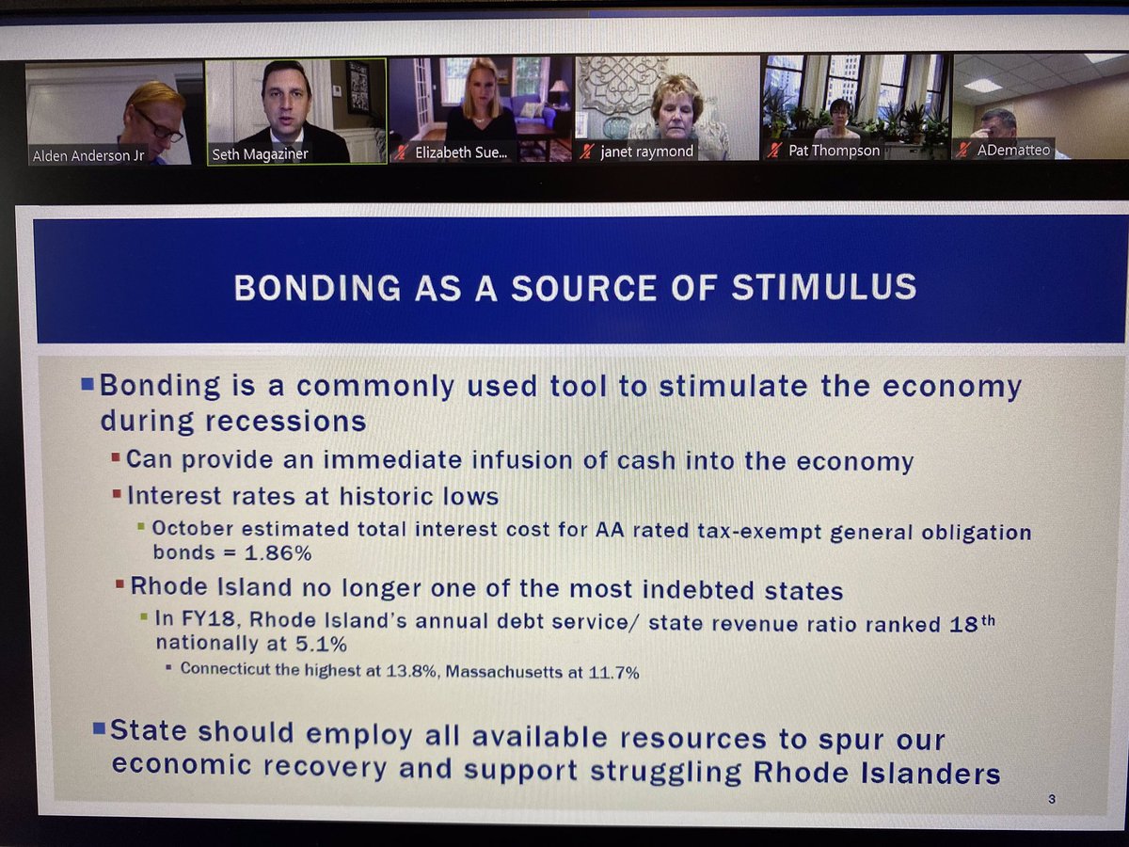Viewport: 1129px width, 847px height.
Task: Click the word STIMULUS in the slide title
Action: pos(823,287)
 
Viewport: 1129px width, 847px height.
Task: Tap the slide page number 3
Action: pos(1051,799)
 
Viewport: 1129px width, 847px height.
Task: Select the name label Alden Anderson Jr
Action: pos(88,155)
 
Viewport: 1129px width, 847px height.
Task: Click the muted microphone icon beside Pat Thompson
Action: pos(774,151)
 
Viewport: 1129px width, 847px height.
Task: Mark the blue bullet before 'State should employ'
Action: pos(100,727)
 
